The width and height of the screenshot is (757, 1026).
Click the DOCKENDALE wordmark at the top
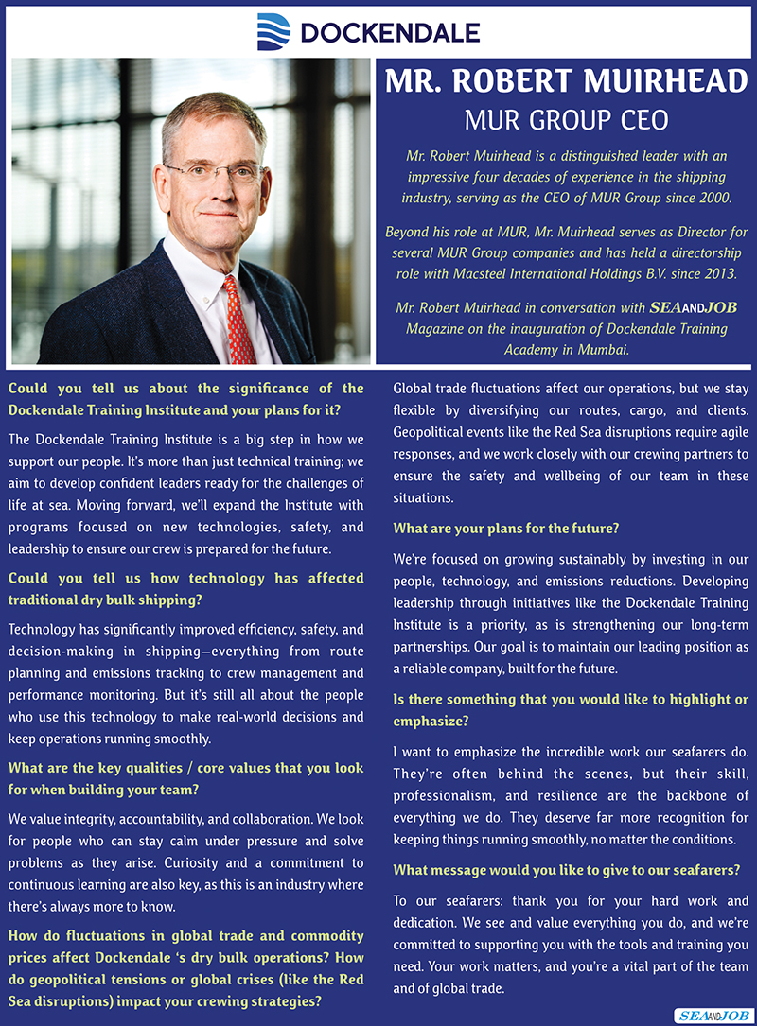pos(389,34)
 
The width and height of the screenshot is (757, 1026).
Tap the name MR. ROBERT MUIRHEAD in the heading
pos(566,82)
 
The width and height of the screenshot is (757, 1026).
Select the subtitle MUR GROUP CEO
pos(566,120)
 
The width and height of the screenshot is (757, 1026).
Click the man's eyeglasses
pos(215,173)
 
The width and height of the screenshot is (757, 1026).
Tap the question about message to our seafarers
pos(566,870)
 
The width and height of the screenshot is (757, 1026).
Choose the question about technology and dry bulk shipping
pos(185,589)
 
